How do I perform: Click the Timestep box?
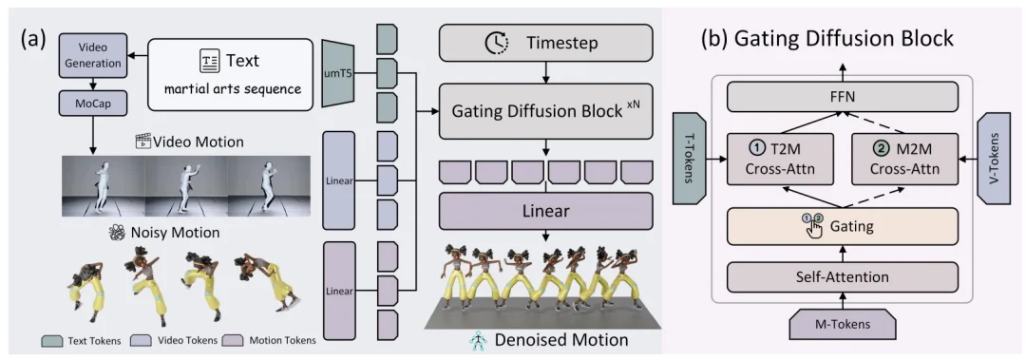545,43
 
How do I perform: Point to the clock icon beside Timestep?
496,43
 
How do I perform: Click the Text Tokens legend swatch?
50,341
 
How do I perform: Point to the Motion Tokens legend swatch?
231,341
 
